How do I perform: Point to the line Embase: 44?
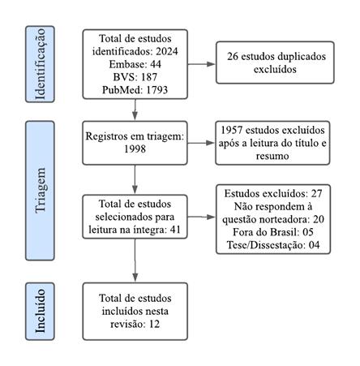pos(135,64)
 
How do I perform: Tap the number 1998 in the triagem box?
pos(134,149)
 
